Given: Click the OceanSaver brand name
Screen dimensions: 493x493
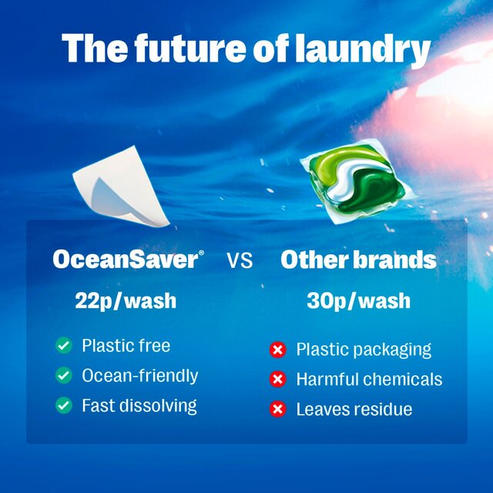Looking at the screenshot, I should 125,260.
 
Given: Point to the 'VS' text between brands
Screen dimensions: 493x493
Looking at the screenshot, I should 240,261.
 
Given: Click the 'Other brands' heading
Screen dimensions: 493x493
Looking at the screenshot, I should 358,260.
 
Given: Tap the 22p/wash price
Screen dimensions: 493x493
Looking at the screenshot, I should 126,300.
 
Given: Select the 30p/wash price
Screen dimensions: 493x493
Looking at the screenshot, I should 358,300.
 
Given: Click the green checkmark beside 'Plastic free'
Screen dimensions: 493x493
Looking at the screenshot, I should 63,346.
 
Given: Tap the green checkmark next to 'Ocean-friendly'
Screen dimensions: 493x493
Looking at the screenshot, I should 63,376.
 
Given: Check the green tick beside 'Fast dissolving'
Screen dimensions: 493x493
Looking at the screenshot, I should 63,405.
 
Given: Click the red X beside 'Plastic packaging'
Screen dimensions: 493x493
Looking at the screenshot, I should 277,350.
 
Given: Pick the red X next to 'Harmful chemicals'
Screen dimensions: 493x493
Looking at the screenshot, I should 277,380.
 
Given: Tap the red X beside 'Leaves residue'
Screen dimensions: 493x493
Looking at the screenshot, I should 277,410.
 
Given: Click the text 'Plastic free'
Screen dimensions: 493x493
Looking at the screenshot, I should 126,346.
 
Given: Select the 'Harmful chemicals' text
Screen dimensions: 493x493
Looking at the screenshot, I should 369,380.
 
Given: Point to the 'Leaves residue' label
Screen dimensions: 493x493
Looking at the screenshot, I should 354,410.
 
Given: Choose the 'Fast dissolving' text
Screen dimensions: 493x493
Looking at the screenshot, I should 139,405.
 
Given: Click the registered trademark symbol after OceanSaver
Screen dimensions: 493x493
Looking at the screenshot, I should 202,253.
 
